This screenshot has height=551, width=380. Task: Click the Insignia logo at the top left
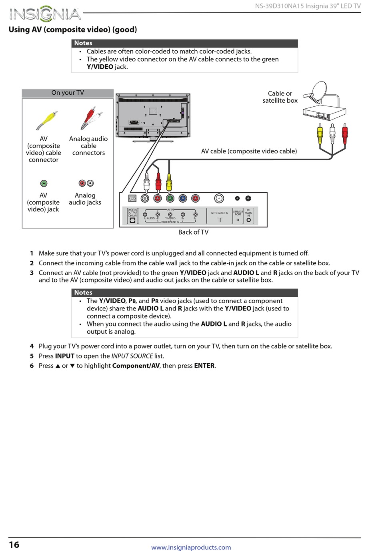tap(45, 14)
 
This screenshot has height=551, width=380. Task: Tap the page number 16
tap(14, 544)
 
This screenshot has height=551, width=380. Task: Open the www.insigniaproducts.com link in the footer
tap(191, 547)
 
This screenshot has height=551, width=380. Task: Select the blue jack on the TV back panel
tap(183, 198)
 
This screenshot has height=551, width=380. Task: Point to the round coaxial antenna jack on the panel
tap(219, 198)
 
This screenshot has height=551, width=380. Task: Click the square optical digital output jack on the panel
tap(132, 198)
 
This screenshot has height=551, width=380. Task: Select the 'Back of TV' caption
tap(193, 232)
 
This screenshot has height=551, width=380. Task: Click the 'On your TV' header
tap(68, 93)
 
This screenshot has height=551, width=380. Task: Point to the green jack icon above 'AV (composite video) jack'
tap(44, 183)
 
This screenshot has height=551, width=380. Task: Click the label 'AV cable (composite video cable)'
tap(249, 151)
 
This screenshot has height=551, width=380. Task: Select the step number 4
tap(32, 346)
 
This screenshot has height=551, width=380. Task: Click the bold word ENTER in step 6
tap(204, 366)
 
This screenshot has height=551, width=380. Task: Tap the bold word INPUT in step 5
tap(65, 356)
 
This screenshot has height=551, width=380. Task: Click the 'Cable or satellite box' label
tap(280, 97)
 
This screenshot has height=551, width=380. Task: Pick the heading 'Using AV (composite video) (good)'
tap(73, 30)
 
